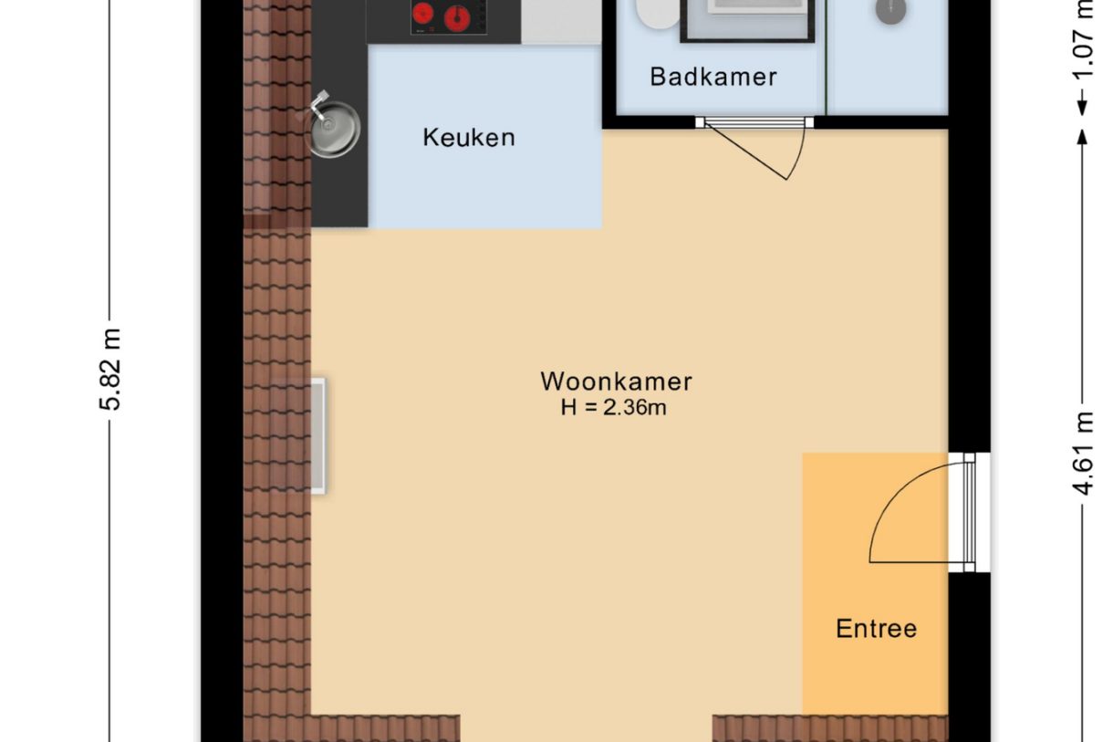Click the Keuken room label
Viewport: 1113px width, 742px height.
click(468, 138)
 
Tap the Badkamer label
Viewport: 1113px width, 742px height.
click(713, 77)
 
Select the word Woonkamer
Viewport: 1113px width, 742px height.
click(616, 381)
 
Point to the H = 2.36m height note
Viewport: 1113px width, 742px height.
click(613, 408)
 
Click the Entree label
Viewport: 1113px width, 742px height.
click(876, 629)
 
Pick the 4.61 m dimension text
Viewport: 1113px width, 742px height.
click(1083, 454)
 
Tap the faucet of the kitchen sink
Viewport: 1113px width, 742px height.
click(320, 105)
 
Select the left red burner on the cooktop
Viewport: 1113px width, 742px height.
click(422, 14)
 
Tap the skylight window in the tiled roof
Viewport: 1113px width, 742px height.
click(316, 436)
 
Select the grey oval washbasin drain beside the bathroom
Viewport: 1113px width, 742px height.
click(890, 11)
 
